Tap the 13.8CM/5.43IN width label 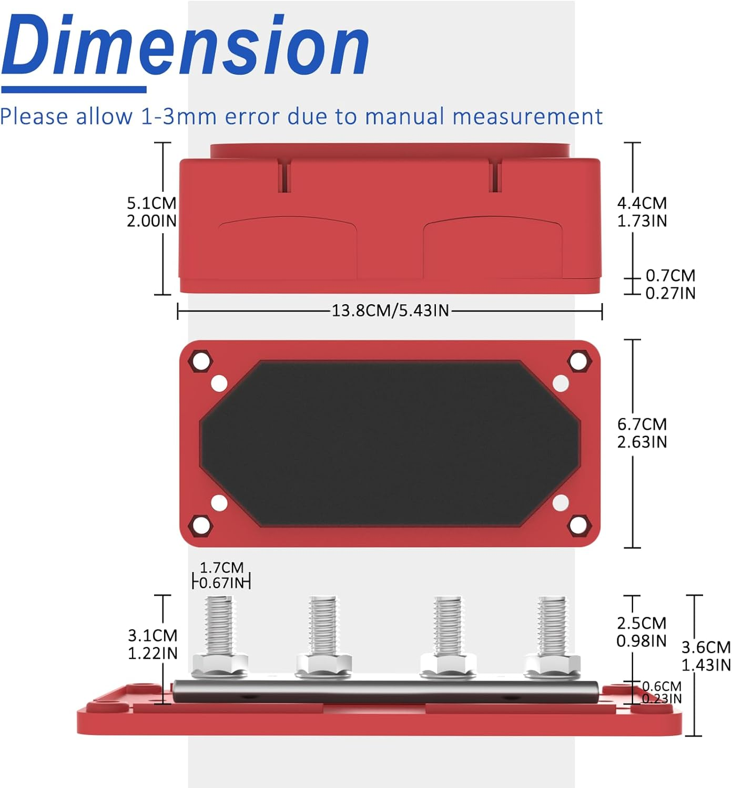pyautogui.click(x=390, y=310)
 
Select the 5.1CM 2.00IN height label pyautogui.click(x=151, y=212)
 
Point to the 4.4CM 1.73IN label pyautogui.click(x=642, y=212)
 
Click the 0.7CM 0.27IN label pyautogui.click(x=670, y=284)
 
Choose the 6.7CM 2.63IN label pyautogui.click(x=642, y=433)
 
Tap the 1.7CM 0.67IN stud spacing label pyautogui.click(x=221, y=575)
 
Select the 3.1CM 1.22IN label pyautogui.click(x=152, y=644)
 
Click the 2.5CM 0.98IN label pyautogui.click(x=641, y=632)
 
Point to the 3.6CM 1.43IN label pyautogui.click(x=706, y=656)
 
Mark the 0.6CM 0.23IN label pyautogui.click(x=662, y=692)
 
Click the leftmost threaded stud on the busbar pyautogui.click(x=219, y=625)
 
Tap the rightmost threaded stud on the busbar pyautogui.click(x=552, y=625)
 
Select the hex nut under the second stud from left pyautogui.click(x=323, y=664)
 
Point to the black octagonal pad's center pyautogui.click(x=390, y=443)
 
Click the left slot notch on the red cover pyautogui.click(x=284, y=177)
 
